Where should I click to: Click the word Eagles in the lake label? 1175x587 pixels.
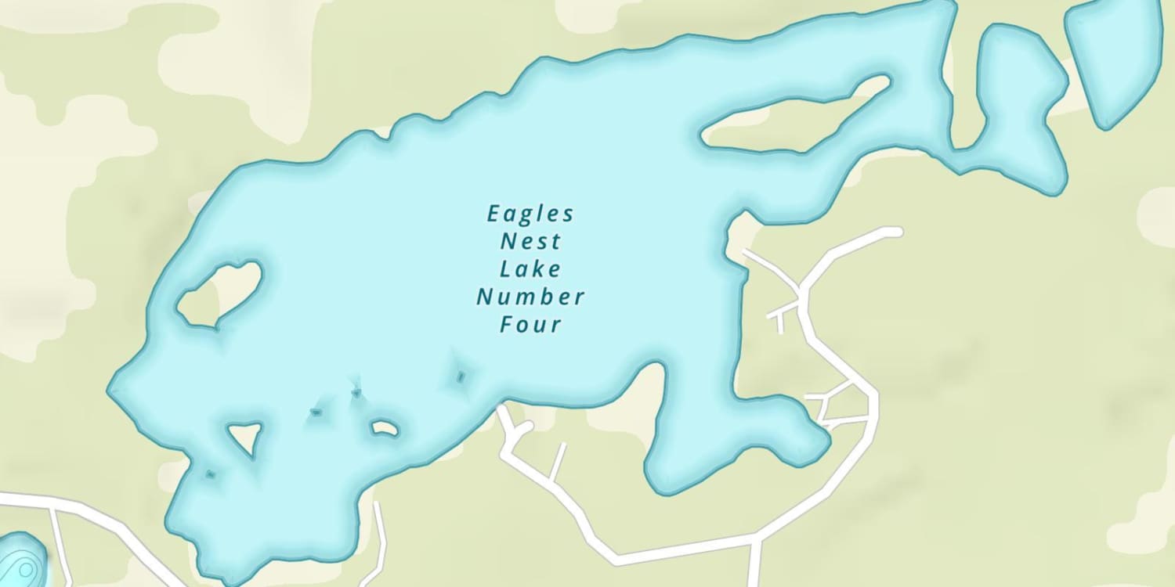coord(530,214)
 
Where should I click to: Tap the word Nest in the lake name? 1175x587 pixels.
coord(530,241)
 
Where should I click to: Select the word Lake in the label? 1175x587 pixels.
coord(530,269)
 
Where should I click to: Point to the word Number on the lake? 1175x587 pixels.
coord(530,297)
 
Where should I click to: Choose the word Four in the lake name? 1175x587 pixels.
coord(530,325)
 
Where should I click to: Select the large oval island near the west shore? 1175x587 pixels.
coord(220,293)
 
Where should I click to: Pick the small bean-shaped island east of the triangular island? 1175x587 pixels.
coord(385,428)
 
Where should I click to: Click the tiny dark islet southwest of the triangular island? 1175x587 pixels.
coord(210,474)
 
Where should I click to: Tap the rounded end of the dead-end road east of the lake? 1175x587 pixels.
coord(895,232)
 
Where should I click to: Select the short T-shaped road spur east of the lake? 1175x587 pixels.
coord(780,316)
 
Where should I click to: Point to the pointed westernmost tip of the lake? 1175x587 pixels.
coord(110,387)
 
